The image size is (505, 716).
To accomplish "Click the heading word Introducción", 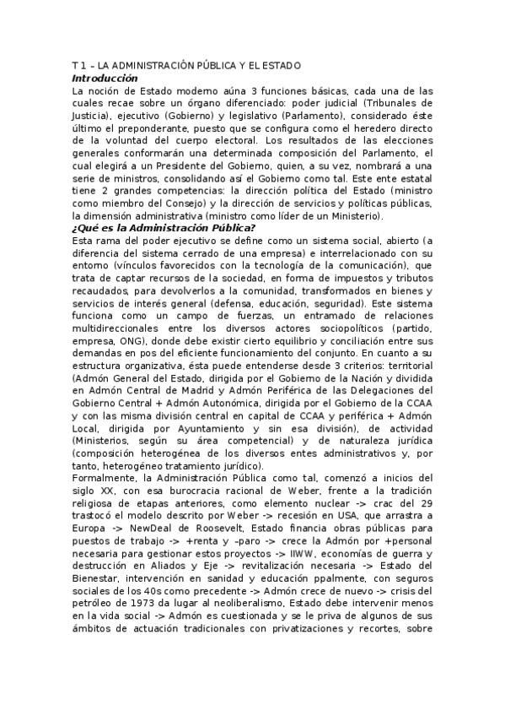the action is click(107, 78).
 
